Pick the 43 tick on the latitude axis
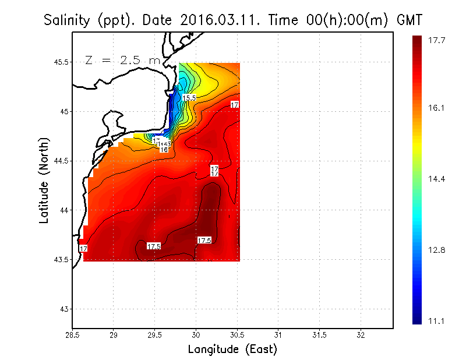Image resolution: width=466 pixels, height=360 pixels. pyautogui.click(x=64, y=309)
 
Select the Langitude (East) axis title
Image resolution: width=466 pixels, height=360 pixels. pyautogui.click(x=232, y=350)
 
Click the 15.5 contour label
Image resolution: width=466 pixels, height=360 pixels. pyautogui.click(x=189, y=98)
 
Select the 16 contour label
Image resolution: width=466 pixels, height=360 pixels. pyautogui.click(x=164, y=150)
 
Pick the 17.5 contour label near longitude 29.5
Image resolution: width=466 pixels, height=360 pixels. pyautogui.click(x=154, y=246)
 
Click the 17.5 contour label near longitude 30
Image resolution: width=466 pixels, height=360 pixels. pyautogui.click(x=204, y=240)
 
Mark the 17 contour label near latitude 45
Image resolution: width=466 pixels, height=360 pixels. pyautogui.click(x=235, y=105)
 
